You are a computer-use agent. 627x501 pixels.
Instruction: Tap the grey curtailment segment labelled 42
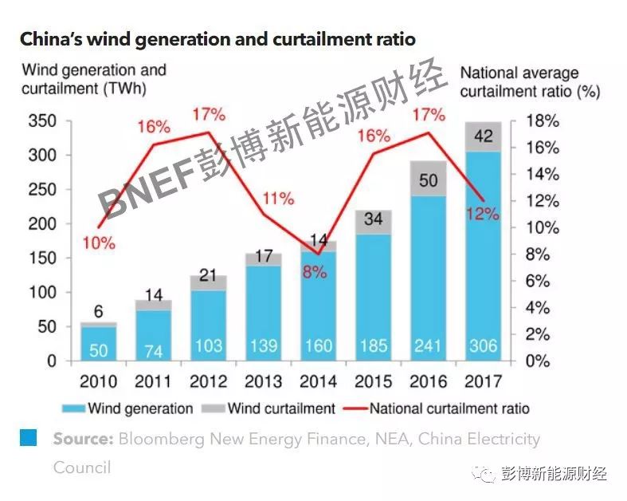coord(483,136)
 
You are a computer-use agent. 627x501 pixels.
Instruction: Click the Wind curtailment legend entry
coord(272,408)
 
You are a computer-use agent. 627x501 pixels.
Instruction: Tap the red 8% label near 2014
coord(314,271)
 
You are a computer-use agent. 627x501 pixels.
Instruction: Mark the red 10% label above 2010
coord(99,243)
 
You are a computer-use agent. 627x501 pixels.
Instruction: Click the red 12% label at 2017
coord(483,214)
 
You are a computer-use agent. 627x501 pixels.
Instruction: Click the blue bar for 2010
coord(99,343)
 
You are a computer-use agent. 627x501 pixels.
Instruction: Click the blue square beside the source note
coord(29,437)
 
